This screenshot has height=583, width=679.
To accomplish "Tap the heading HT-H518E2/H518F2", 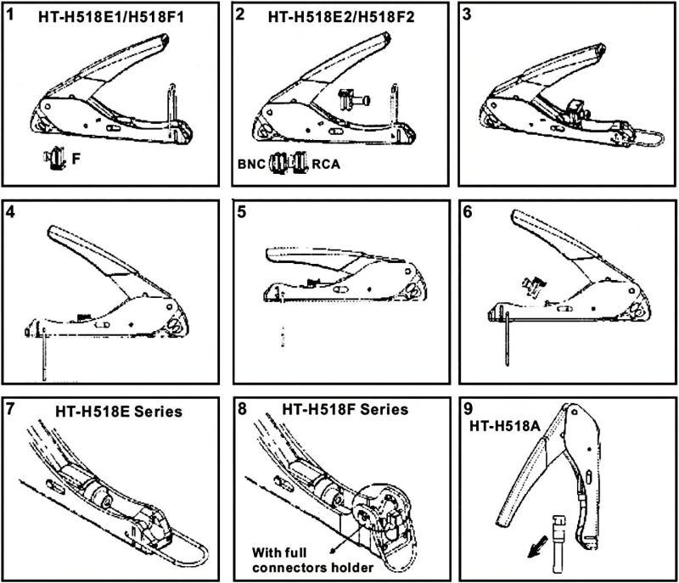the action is click(341, 17).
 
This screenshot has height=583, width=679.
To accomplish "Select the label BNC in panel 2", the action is click(251, 165).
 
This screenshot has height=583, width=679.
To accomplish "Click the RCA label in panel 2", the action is click(326, 165).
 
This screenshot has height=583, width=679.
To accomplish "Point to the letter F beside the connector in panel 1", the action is click(76, 159).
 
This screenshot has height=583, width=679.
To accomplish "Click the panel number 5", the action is click(242, 212).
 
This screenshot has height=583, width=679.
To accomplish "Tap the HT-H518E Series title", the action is click(119, 412).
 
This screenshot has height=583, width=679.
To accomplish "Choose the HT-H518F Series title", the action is click(345, 409).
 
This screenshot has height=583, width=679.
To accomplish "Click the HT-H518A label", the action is click(505, 426).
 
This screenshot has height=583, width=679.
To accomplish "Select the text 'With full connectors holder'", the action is click(312, 560).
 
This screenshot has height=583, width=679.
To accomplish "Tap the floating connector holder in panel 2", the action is click(353, 100).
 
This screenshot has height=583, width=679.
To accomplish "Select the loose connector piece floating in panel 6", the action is click(535, 286).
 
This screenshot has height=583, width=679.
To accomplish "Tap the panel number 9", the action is click(469, 409).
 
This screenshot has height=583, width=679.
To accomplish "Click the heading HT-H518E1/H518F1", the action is click(111, 17).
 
